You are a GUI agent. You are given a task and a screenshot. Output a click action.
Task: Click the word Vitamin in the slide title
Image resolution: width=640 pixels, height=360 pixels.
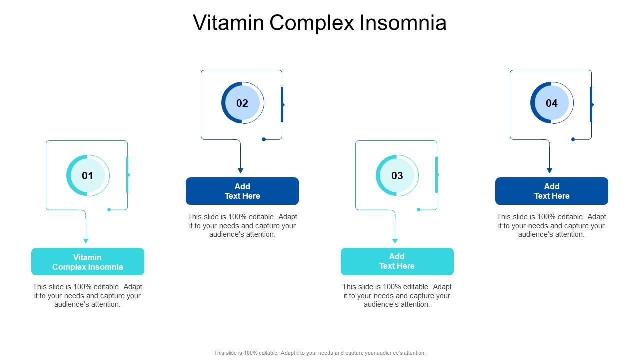tap(223, 23)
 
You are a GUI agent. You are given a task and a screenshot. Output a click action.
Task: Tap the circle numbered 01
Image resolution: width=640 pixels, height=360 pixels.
tap(88, 175)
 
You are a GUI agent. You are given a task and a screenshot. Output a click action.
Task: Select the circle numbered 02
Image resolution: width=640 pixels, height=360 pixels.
tap(242, 103)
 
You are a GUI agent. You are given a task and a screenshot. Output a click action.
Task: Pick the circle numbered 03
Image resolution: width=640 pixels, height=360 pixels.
tap(397, 175)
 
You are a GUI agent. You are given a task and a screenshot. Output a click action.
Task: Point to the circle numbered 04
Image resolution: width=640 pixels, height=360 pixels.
tap(551, 103)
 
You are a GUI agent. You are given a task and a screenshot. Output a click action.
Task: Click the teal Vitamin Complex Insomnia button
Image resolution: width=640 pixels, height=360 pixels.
tap(88, 262)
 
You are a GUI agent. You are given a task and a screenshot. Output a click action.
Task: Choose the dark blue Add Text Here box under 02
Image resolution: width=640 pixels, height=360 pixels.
tap(242, 191)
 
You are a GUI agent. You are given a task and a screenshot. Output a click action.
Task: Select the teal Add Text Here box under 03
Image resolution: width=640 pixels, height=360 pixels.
tap(397, 261)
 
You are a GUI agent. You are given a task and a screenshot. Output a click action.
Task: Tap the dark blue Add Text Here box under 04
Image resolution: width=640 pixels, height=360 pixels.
tap(551, 191)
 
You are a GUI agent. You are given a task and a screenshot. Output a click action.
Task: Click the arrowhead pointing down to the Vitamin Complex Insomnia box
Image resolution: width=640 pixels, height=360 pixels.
tap(86, 241)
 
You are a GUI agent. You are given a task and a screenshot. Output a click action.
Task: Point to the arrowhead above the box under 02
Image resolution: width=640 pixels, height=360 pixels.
tap(240, 171)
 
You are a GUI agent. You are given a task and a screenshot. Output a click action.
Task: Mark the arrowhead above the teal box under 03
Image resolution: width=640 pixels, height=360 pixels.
tap(395, 241)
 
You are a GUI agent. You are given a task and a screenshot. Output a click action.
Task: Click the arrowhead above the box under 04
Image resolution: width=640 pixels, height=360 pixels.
tap(549, 171)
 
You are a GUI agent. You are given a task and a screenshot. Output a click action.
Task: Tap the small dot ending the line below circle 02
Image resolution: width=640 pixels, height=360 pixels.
tap(264, 139)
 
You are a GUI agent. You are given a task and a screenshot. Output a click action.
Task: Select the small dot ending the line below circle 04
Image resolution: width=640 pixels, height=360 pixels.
tap(573, 139)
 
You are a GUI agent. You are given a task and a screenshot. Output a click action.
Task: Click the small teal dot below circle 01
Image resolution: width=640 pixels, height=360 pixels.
tap(109, 210)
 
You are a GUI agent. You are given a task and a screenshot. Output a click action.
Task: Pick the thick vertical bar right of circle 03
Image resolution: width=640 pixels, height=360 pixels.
tap(436, 175)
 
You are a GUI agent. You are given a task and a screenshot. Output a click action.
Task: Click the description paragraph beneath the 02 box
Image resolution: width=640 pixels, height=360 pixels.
tap(242, 226)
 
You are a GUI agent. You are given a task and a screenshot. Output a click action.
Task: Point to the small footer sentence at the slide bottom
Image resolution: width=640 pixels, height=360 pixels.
tap(320, 353)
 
